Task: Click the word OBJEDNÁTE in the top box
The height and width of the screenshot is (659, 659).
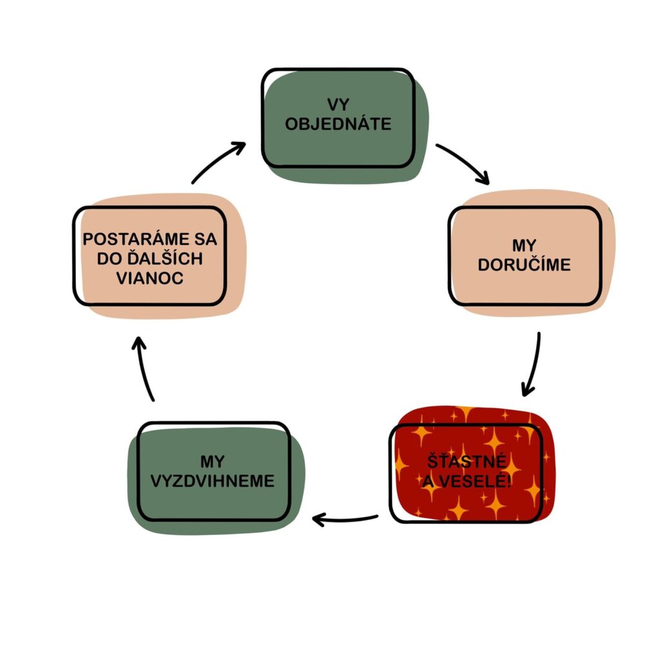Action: coord(338,124)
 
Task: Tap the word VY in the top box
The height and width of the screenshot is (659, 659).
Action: coord(339,105)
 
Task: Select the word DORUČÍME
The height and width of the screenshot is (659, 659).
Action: coord(524,265)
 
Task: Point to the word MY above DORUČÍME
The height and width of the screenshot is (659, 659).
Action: coord(524,246)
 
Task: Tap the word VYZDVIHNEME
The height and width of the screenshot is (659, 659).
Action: coord(213,481)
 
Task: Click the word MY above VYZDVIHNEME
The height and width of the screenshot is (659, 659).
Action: coord(213,461)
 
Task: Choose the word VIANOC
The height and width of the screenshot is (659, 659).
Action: coord(149,278)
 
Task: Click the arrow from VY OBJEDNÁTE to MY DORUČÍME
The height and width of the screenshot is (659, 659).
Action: coord(463,162)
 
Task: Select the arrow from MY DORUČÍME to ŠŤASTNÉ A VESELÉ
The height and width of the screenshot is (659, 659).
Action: coord(533,364)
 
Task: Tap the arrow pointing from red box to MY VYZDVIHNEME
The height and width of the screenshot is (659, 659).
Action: coord(344,517)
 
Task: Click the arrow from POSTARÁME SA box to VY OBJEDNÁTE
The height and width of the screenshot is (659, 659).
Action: coord(219,162)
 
